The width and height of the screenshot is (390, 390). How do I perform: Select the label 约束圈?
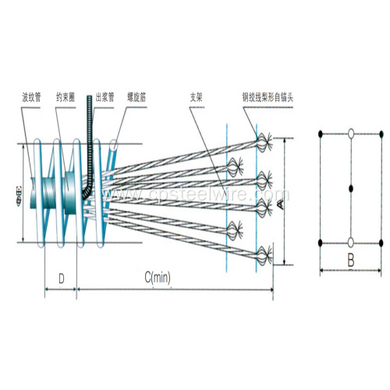coord(66,99)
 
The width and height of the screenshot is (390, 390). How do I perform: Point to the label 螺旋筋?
coord(131,99)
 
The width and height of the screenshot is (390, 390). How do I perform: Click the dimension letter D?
coord(60,277)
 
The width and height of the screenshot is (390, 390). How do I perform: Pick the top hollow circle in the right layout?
coord(352,134)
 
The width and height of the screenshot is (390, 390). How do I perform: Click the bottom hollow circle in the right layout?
coord(352,242)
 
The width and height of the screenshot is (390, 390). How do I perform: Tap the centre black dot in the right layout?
coord(352,188)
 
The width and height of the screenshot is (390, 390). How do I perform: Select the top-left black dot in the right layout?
coord(321,134)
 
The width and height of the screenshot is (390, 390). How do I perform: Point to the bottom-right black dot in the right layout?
coord(381,242)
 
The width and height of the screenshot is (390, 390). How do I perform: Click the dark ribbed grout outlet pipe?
coord(92,156)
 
